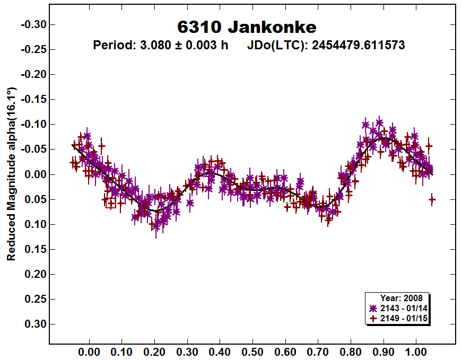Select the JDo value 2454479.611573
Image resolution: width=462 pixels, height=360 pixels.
click(358, 45)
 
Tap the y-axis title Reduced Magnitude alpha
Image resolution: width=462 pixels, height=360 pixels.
click(11, 174)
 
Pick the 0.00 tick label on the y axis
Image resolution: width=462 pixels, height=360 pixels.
click(34, 174)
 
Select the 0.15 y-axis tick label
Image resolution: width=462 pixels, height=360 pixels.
click(34, 249)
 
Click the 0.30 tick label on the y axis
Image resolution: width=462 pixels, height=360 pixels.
click(34, 324)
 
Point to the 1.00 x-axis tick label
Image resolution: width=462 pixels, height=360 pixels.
click(415, 352)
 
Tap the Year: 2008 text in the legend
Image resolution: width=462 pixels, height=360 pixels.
click(401, 298)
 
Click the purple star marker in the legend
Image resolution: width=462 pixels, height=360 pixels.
click(373, 308)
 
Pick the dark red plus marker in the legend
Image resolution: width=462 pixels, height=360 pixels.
click(373, 318)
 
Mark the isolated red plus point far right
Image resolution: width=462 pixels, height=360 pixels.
click(432, 200)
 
